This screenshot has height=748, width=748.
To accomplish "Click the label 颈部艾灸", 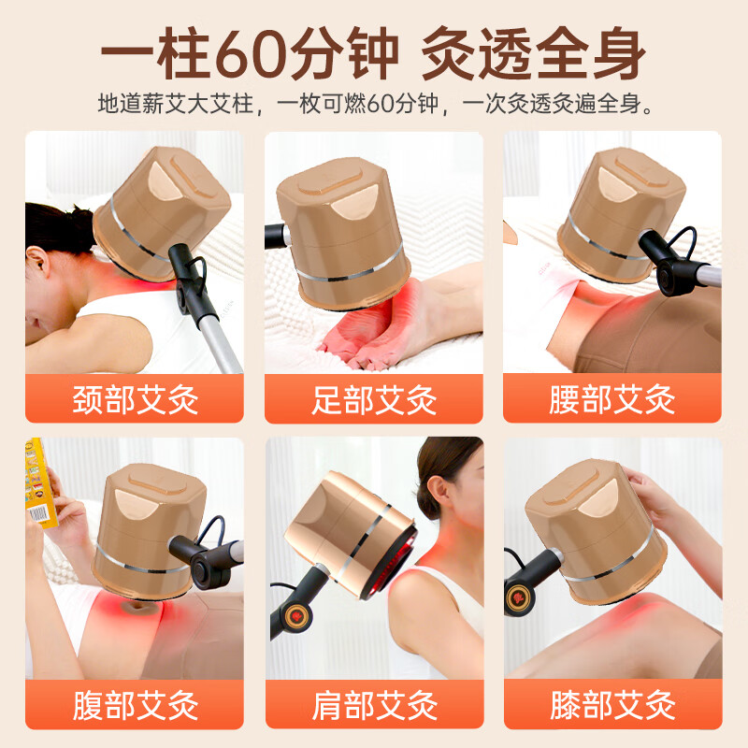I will click(135, 399).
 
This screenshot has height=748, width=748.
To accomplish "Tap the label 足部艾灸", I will click(374, 399).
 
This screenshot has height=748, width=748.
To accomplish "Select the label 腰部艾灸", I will click(612, 399).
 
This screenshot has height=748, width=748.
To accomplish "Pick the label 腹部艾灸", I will click(135, 705).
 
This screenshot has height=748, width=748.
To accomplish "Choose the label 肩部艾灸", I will click(374, 705).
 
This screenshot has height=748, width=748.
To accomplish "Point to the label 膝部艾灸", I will click(612, 705).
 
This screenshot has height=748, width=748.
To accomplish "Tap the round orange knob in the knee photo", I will click(517, 597).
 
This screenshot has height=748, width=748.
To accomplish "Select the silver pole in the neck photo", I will click(224, 337).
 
